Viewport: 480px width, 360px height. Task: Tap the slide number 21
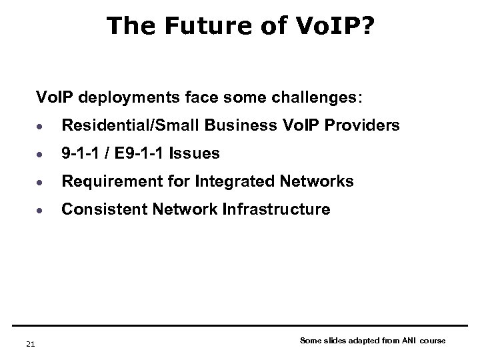coord(29,343)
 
